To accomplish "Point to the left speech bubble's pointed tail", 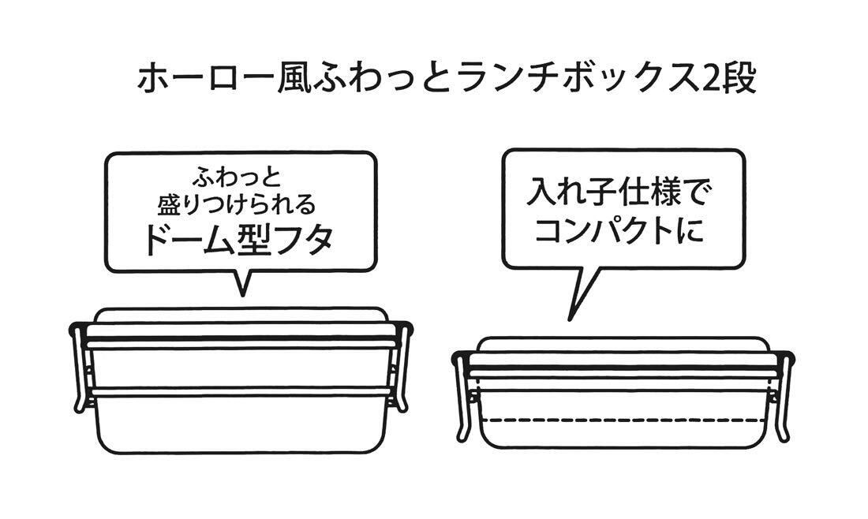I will [x=242, y=286].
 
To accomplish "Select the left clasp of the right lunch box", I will [x=466, y=398].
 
